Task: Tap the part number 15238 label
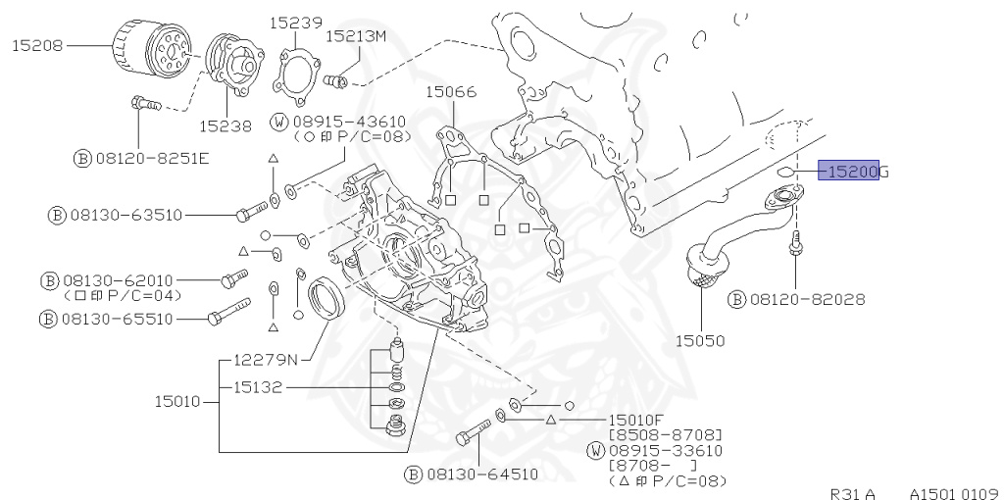pos(225,125)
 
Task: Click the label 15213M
pos(356,35)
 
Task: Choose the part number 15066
pos(450,92)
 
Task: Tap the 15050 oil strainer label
pos(700,341)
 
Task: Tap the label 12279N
pos(264,358)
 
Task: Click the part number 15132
pos(257,387)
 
